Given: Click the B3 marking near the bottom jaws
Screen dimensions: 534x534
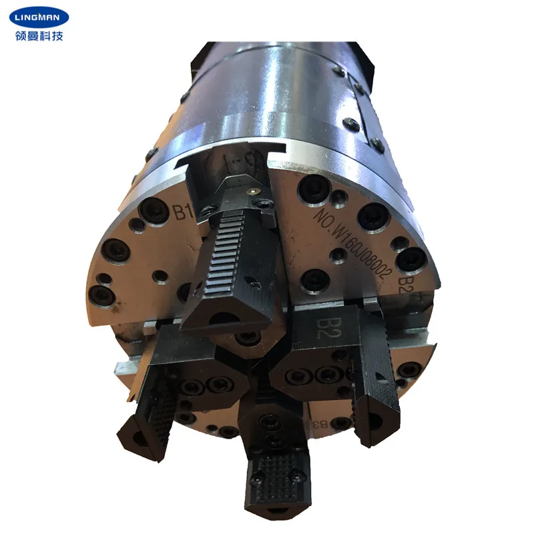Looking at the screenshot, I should coord(320,423).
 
